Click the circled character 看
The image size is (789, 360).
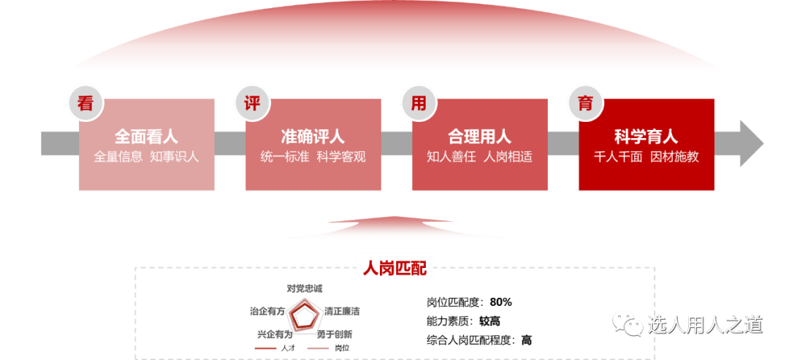click(85, 103)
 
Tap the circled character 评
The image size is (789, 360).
click(252, 103)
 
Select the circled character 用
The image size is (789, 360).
click(419, 103)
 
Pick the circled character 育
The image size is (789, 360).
click(585, 103)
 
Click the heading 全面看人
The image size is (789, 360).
click(146, 137)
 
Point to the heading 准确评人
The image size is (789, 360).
click(313, 137)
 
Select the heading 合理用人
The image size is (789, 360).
click(479, 137)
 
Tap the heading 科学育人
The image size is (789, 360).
click(646, 137)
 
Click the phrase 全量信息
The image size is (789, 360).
click(118, 156)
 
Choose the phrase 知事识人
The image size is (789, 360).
click(175, 156)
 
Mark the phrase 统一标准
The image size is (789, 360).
click(285, 156)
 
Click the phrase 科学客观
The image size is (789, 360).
click(341, 156)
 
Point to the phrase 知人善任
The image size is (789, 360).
click(451, 156)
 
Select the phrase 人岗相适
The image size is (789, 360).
click(508, 156)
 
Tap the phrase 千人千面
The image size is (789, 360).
click(618, 156)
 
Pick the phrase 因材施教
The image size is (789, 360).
click(674, 156)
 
